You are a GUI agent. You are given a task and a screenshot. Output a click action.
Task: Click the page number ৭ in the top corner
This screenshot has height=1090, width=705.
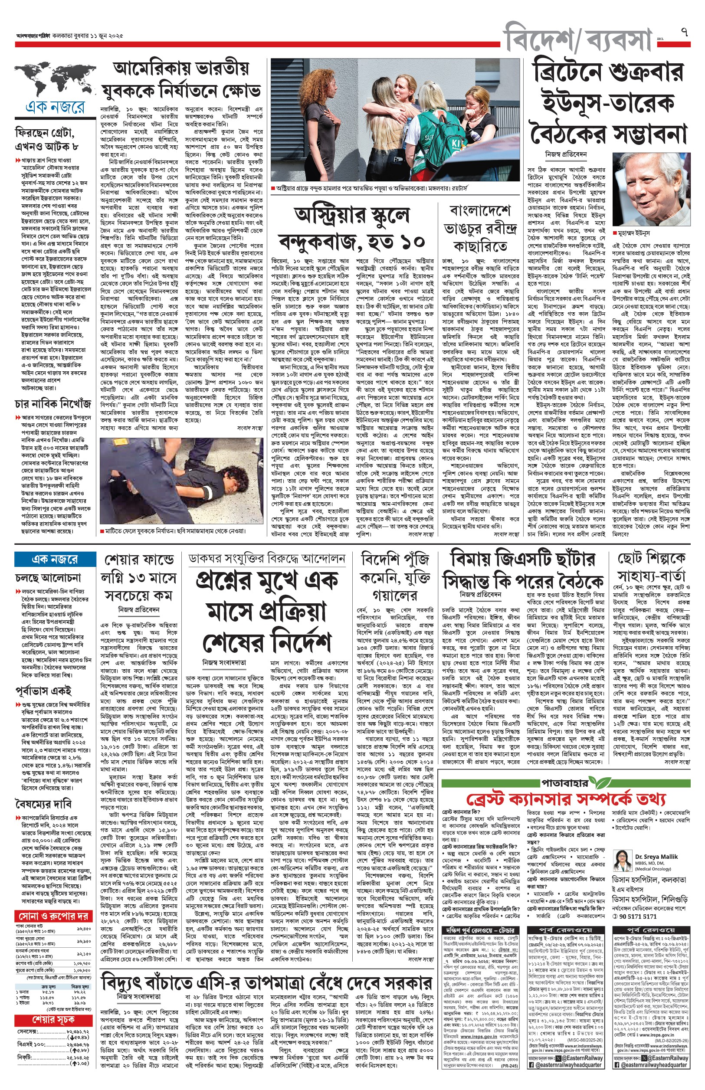(x=685, y=33)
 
